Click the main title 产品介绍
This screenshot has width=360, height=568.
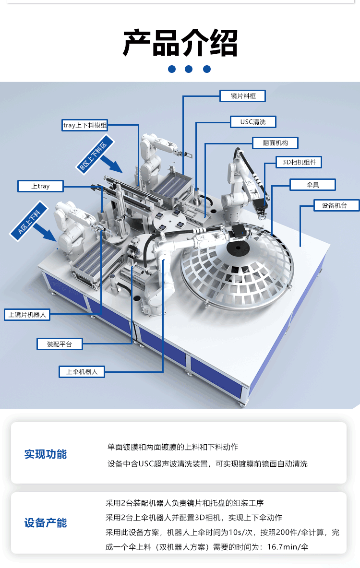pyautogui.click(x=180, y=43)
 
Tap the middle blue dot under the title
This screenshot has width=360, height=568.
pyautogui.click(x=189, y=69)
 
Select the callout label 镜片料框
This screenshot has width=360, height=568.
pyautogui.click(x=243, y=96)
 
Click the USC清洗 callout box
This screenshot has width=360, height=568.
pyautogui.click(x=253, y=122)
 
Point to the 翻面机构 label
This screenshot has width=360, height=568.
pyautogui.click(x=275, y=143)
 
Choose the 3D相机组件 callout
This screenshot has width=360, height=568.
pyautogui.click(x=299, y=162)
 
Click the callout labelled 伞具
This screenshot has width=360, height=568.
pyautogui.click(x=312, y=185)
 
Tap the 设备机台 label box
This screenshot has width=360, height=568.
pyautogui.click(x=336, y=205)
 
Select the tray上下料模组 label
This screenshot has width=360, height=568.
pyautogui.click(x=85, y=125)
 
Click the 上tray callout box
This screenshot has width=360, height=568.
pyautogui.click(x=41, y=186)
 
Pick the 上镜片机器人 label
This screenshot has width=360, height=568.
pyautogui.click(x=27, y=315)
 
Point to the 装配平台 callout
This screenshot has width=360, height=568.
pyautogui.click(x=60, y=344)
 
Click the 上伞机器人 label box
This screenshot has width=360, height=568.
pyautogui.click(x=82, y=372)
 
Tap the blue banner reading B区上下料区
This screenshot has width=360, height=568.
pyautogui.click(x=94, y=155)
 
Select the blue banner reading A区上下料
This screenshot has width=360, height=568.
pyautogui.click(x=29, y=221)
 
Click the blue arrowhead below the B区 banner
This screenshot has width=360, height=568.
pyautogui.click(x=116, y=167)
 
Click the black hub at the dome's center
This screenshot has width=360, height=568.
pyautogui.click(x=238, y=248)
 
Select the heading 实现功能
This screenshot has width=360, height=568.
pyautogui.click(x=46, y=454)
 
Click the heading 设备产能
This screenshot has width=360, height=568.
pyautogui.click(x=46, y=523)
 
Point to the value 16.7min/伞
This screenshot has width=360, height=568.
pyautogui.click(x=288, y=546)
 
